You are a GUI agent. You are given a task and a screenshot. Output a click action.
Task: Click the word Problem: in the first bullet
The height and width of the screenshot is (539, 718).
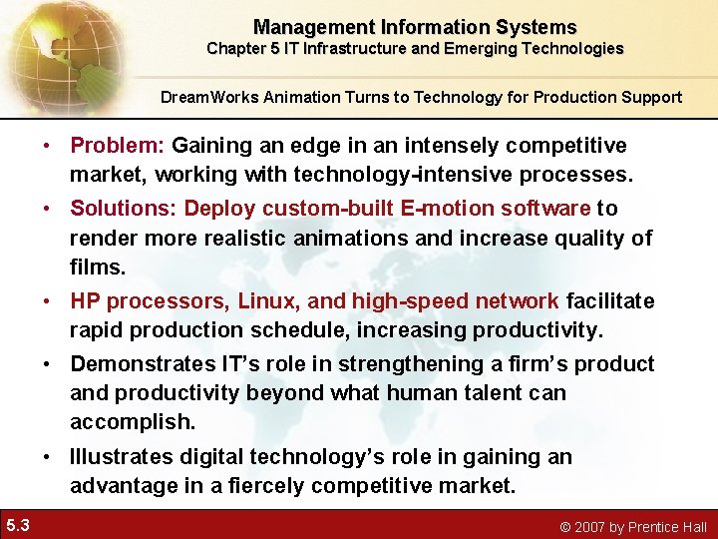pos(118,146)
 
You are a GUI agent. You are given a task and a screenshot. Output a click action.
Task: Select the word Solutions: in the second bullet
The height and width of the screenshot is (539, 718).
pos(124,208)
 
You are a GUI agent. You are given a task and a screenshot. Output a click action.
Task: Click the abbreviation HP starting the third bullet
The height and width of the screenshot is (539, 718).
pos(86,300)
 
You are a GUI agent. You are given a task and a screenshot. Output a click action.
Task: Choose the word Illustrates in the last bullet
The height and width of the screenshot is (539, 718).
pos(121,457)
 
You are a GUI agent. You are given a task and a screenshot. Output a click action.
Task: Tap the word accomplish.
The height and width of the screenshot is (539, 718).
pos(132,422)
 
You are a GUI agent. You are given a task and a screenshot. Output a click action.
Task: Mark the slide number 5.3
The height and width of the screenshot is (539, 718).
pos(17,525)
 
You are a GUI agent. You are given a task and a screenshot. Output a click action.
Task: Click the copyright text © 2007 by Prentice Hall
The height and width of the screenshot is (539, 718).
pos(633,526)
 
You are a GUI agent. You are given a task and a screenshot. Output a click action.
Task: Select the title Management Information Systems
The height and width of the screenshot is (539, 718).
pos(415,27)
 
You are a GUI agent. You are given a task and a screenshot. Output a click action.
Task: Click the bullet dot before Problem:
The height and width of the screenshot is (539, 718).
pos(47,147)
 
